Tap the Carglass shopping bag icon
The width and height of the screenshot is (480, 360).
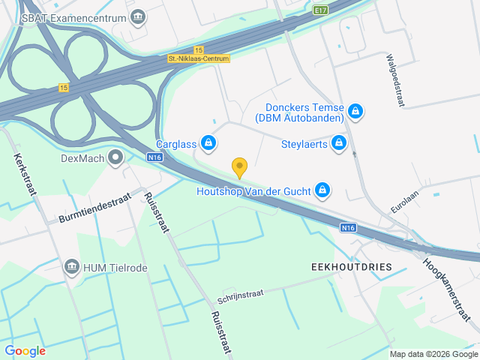pos(209,142)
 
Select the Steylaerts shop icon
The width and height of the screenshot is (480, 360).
pos(340,142)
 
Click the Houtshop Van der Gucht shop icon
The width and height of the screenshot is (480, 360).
pos(322,190)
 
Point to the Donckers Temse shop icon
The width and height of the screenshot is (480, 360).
pos(356,112)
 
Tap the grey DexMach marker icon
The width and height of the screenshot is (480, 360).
pos(115,157)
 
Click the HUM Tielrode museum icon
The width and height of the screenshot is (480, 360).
pos(72,267)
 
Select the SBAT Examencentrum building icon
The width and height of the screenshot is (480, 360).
pos(138,17)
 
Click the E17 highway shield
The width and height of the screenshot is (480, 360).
pos(322,10)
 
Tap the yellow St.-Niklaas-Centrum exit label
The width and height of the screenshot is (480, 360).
pos(199,58)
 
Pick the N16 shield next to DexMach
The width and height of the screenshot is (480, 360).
pos(155,157)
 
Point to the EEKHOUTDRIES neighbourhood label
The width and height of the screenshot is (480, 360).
pos(340,266)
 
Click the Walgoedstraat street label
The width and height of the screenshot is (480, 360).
pos(396,80)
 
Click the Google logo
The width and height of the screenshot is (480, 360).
pos(25,350)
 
